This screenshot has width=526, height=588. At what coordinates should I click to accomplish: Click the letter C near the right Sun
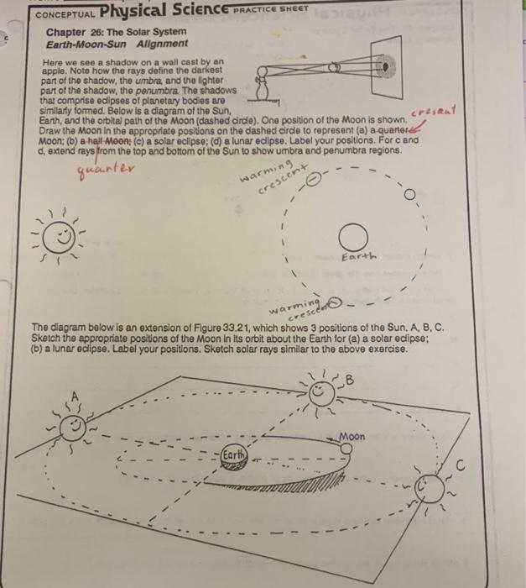460,465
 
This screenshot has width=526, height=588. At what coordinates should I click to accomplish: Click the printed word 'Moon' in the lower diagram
355,438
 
